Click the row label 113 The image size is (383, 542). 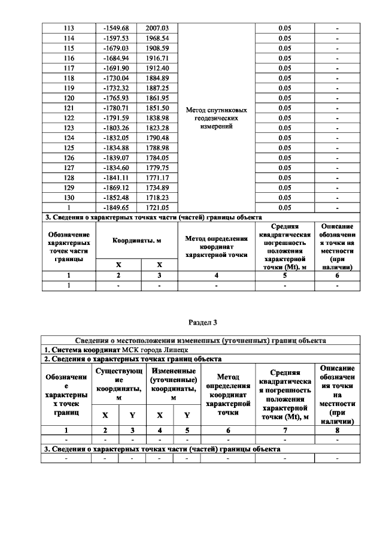coord(69,28)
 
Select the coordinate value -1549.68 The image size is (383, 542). coord(117,28)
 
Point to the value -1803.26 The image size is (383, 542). coord(117,128)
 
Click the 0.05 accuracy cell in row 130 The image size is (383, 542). coord(285,197)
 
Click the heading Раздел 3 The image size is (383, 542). coord(203,323)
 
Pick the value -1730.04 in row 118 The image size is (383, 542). coord(117,78)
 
